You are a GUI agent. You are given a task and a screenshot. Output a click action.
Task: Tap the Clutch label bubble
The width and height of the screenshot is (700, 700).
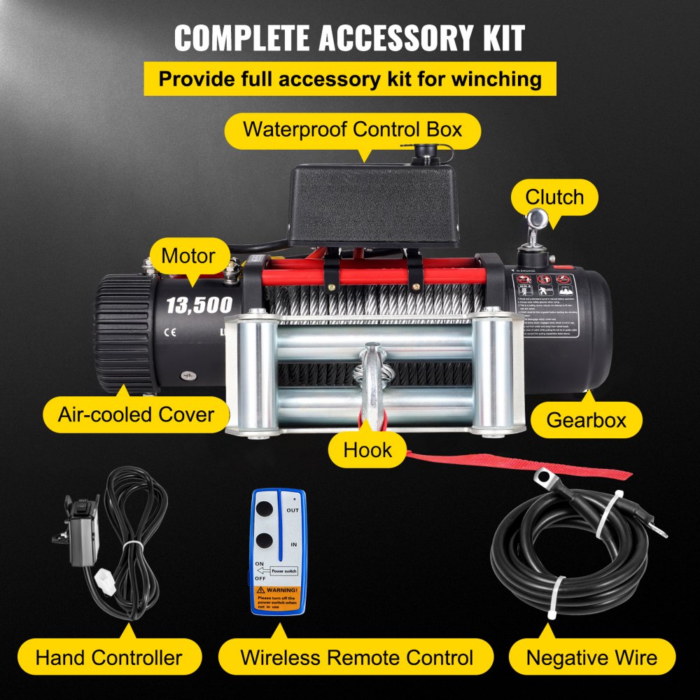coord(554,197)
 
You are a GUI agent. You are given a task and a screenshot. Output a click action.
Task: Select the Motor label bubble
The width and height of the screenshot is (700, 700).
coord(188,255)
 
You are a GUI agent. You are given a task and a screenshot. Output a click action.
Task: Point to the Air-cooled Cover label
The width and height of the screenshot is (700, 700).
coord(136,414)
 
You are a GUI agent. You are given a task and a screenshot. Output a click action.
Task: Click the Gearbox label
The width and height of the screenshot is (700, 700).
coord(585,420)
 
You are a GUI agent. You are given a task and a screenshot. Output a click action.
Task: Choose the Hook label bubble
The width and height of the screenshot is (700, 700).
coord(367,449)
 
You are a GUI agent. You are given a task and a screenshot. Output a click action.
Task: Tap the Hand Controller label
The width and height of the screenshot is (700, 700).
coord(108,657)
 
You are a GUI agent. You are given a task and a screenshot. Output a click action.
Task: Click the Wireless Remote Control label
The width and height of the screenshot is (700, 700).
coord(356,657)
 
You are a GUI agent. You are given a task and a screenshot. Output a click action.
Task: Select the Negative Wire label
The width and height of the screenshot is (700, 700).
coord(591,657)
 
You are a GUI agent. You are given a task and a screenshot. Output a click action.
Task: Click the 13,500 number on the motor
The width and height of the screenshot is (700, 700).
coord(199,304)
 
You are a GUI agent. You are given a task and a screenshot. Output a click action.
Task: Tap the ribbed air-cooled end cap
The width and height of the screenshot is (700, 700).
coord(124,332)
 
